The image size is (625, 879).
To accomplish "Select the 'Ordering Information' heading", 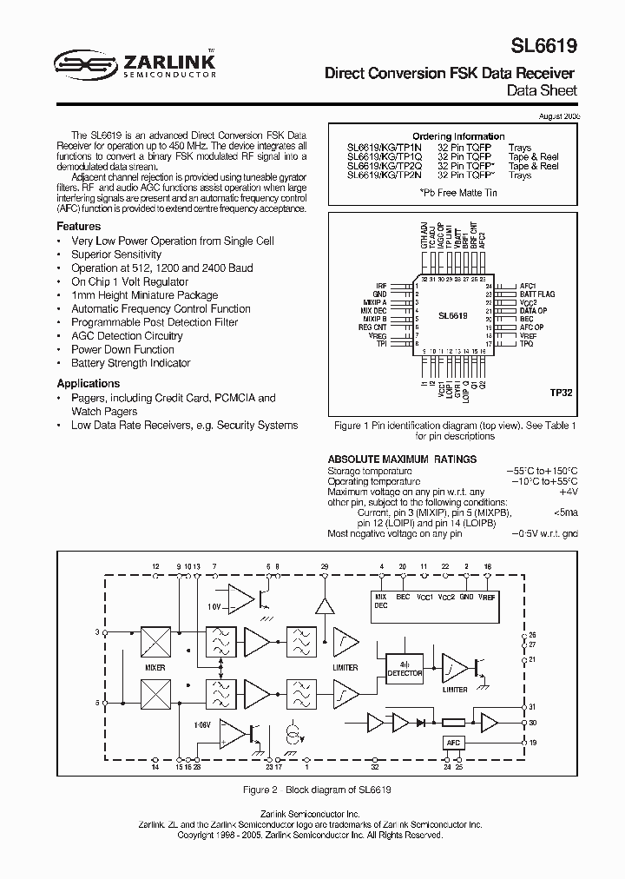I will click(457, 136).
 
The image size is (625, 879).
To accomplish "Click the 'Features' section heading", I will click(79, 226).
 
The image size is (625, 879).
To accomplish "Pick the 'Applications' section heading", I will click(88, 383).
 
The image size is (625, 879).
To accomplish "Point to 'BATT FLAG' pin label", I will click(536, 294).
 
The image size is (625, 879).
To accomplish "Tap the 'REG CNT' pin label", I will click(374, 327).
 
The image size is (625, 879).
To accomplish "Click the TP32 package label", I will click(561, 393).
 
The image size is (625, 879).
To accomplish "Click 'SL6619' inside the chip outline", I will click(452, 319).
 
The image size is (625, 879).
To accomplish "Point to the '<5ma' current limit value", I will click(565, 512).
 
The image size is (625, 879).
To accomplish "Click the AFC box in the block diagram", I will click(452, 743).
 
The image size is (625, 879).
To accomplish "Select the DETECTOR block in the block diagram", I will click(405, 669).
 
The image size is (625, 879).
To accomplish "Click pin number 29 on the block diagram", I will click(325, 566).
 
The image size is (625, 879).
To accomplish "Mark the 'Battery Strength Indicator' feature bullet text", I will click(130, 363).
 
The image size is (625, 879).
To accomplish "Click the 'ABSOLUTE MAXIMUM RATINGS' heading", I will click(401, 459).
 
